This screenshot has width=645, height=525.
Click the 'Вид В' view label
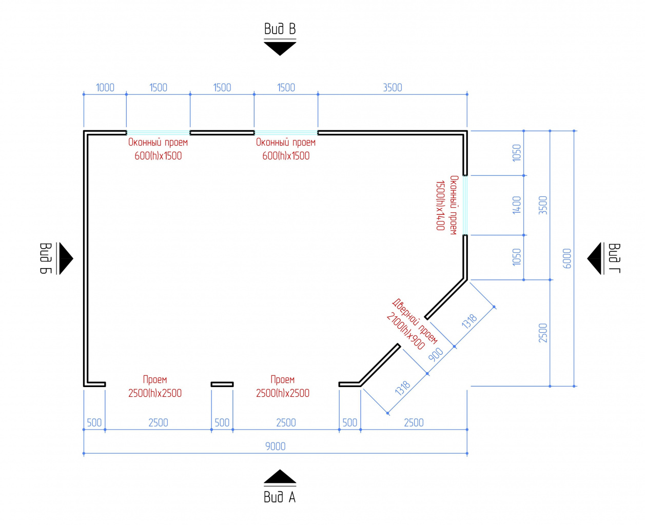coord(280,29)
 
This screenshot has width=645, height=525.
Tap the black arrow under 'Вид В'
coord(280,48)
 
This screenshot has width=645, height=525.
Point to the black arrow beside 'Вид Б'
coord(66,258)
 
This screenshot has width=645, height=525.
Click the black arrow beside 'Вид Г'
coord(594,258)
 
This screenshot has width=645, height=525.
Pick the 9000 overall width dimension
coord(275,447)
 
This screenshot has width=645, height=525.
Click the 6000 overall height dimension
coord(566,258)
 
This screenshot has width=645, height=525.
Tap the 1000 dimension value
coord(105,88)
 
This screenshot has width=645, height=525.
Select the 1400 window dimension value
coord(517,205)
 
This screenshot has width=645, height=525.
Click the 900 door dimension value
coord(436,355)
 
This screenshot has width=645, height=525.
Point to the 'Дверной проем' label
coord(415,321)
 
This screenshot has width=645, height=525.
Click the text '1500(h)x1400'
coord(440,206)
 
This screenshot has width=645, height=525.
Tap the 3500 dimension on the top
coord(393,88)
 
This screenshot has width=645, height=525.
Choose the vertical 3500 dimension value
coord(543,205)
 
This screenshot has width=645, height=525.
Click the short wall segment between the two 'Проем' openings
coord(222,385)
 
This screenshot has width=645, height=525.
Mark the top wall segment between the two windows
coord(222,133)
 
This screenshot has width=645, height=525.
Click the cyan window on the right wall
coord(465,205)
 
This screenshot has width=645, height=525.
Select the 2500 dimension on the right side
coord(543,333)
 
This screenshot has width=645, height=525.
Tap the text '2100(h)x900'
coord(406,331)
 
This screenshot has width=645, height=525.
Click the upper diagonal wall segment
coord(446,299)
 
